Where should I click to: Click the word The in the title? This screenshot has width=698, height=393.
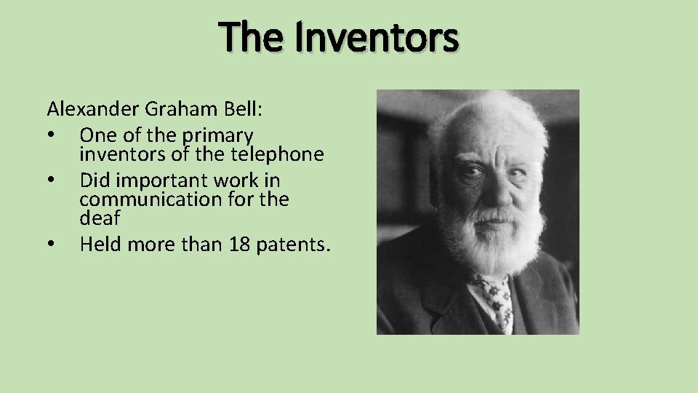(254, 38)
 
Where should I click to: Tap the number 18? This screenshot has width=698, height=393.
(239, 245)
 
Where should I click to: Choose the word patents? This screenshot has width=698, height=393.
(293, 245)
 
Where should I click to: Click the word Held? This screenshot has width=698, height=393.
(100, 245)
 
